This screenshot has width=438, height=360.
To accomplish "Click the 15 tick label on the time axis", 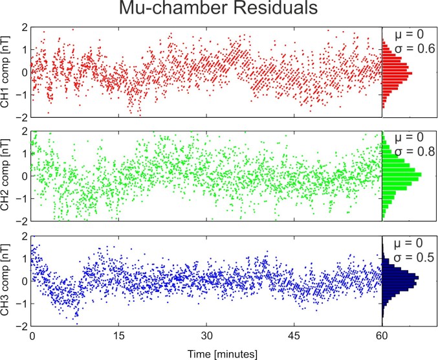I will coord(118,337).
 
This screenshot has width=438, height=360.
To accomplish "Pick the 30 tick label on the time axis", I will coord(206,337).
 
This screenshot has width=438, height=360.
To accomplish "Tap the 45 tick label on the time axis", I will coord(294,337).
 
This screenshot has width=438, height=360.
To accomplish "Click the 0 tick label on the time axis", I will coord(32,337).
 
